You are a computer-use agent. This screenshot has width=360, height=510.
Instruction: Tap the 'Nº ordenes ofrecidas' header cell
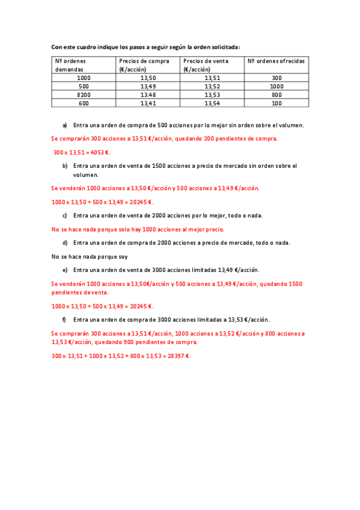tap(276, 61)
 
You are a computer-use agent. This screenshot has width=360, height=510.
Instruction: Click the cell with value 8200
tap(84, 95)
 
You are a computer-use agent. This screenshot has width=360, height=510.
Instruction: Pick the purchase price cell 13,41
tap(148, 103)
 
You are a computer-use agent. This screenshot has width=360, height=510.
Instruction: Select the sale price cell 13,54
tap(212, 103)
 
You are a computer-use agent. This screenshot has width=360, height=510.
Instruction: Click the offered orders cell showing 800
tap(276, 95)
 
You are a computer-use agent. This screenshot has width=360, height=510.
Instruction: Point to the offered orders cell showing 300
tap(276, 78)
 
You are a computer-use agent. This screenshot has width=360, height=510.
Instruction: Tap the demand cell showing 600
tap(84, 103)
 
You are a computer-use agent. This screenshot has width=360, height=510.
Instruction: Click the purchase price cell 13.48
tap(148, 95)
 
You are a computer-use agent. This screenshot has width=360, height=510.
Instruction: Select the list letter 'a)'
tap(65, 125)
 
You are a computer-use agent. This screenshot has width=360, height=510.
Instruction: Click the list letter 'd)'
tap(65, 243)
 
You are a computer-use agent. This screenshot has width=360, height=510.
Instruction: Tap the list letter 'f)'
tap(64, 319)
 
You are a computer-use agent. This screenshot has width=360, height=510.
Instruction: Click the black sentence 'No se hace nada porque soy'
tap(90, 257)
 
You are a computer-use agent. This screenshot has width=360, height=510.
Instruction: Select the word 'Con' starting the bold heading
tap(56, 46)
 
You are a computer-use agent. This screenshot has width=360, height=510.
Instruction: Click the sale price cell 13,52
tap(212, 87)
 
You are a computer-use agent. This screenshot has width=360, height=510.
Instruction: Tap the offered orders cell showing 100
tap(276, 103)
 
